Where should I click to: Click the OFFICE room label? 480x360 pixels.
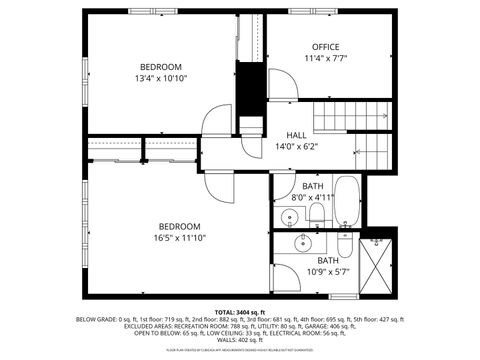[x=325, y=47]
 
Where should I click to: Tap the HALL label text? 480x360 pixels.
[x=297, y=135]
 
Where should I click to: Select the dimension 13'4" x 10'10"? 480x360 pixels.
[x=161, y=78]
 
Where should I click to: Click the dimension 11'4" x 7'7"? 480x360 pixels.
[x=325, y=58]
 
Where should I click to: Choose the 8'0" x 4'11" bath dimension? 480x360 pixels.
[x=313, y=197]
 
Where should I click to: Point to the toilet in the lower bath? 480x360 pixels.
[x=343, y=245]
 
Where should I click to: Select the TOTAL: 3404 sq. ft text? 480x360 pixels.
[x=239, y=312]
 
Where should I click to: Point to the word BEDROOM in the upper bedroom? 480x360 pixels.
[x=161, y=67]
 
